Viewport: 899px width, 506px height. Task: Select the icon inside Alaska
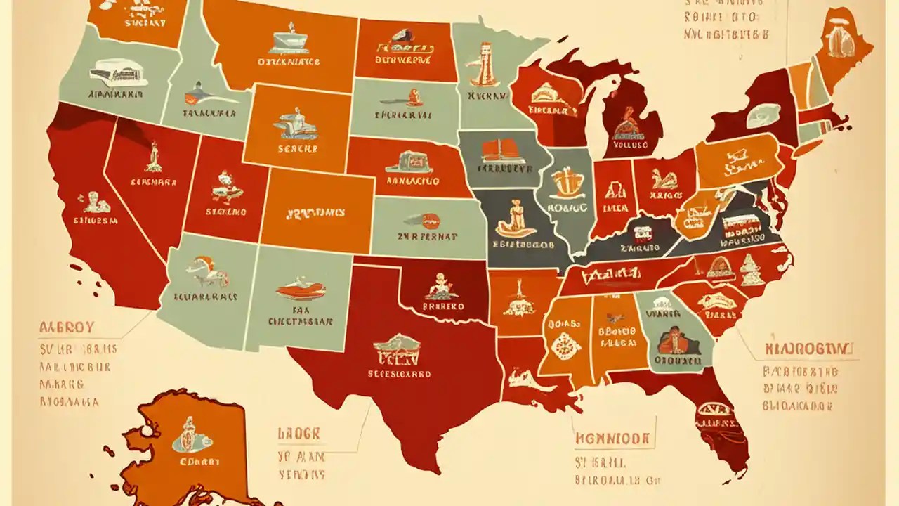tap(188, 434)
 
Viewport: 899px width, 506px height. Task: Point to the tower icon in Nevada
tap(152, 157)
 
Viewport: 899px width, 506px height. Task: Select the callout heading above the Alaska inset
tap(67, 327)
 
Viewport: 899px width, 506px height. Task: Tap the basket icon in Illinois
tap(566, 183)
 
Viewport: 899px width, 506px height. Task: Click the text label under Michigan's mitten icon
tap(629, 145)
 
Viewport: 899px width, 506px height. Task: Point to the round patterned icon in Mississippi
tap(565, 346)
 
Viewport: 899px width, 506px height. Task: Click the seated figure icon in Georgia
tap(678, 341)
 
